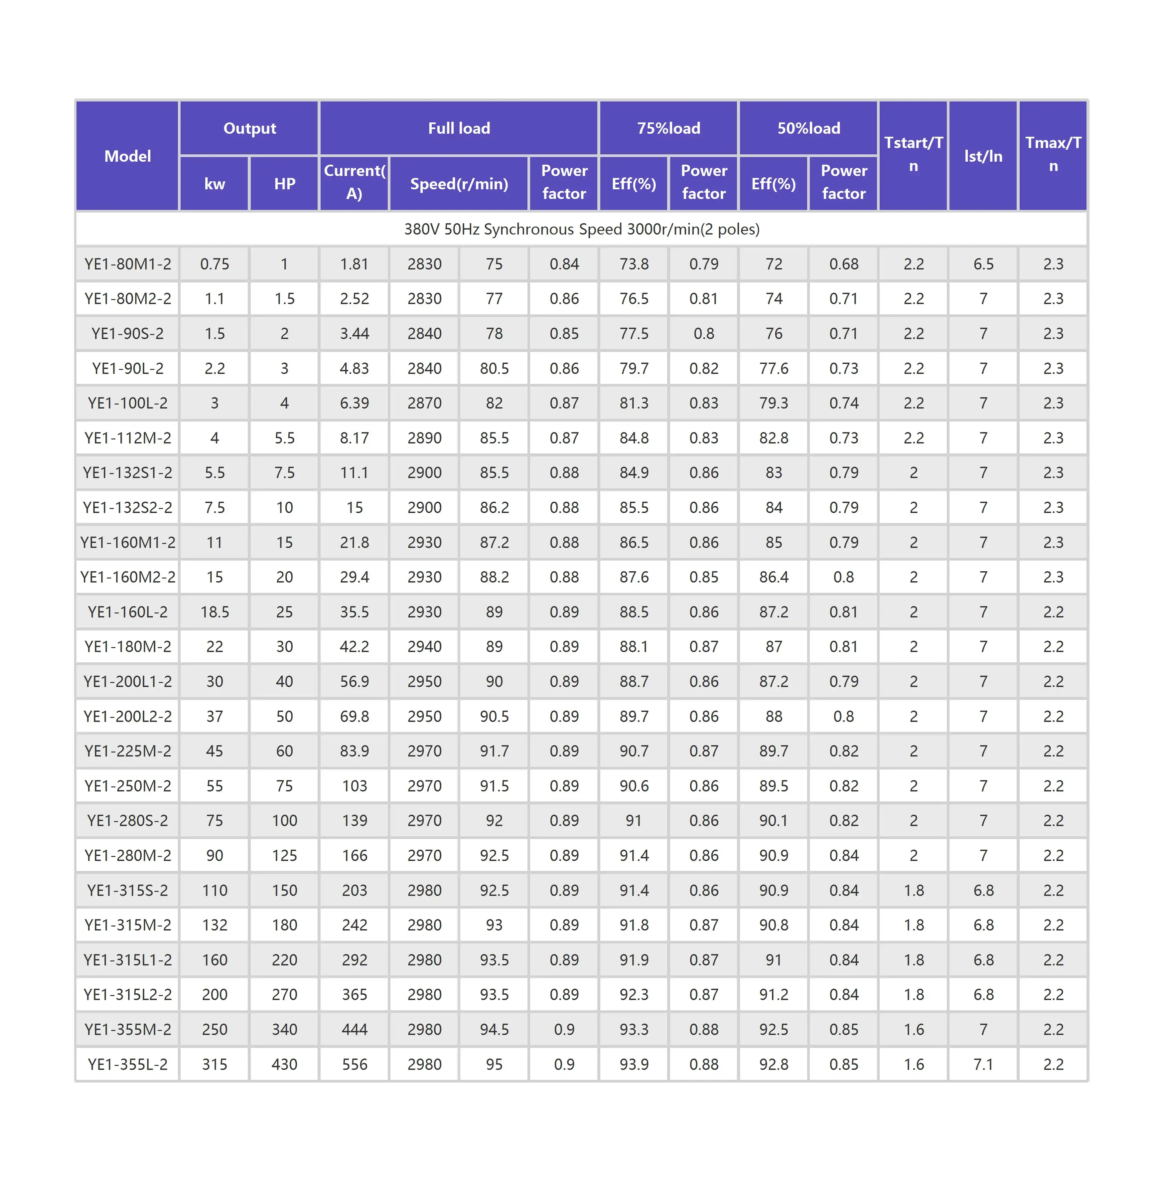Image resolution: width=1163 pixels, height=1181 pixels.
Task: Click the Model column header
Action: click(127, 156)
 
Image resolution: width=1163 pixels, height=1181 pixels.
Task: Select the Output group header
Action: click(249, 128)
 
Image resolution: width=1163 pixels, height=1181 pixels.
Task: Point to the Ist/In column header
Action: click(983, 156)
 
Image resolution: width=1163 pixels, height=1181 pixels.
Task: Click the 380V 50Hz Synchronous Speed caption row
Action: click(581, 229)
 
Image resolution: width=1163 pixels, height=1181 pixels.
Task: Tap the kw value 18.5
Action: click(215, 611)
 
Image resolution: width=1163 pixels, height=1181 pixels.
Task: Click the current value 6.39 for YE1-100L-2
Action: click(354, 403)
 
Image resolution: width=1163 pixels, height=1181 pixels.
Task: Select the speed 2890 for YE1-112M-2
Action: click(424, 438)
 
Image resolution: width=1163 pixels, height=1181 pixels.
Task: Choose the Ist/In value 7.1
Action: click(983, 1064)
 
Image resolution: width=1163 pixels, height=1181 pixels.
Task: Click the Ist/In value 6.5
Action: click(983, 264)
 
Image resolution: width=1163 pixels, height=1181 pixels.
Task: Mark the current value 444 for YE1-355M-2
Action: click(354, 1030)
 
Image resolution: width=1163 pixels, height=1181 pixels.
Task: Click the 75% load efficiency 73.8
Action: click(634, 264)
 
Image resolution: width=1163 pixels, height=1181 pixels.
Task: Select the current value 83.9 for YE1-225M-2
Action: click(354, 751)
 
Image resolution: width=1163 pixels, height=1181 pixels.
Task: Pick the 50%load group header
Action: click(808, 128)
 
